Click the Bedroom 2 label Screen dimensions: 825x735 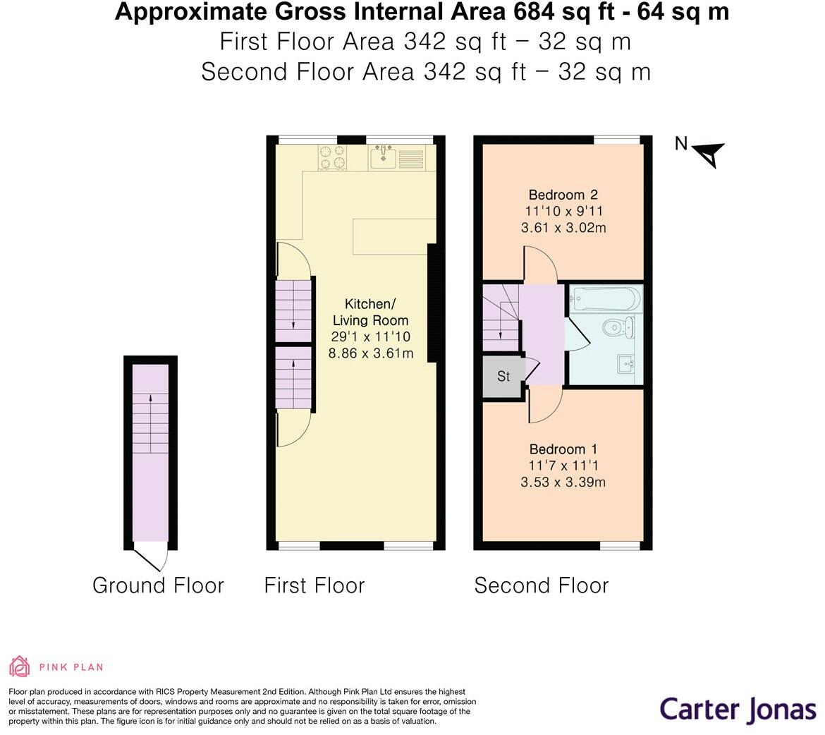click(563, 195)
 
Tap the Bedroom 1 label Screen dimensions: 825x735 click(563, 449)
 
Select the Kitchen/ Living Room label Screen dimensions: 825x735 click(370, 312)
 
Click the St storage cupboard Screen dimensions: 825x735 click(503, 377)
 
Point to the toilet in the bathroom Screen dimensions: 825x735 click(619, 327)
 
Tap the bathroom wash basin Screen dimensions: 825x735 click(626, 363)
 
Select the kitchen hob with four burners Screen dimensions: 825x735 click(333, 157)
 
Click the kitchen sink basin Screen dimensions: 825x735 click(383, 157)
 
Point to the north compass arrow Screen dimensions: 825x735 click(709, 154)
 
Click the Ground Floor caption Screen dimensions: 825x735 click(158, 585)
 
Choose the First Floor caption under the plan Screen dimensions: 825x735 click(314, 585)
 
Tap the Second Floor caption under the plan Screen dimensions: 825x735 click(542, 585)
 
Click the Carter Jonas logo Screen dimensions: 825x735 click(738, 709)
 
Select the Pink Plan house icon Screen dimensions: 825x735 click(20, 666)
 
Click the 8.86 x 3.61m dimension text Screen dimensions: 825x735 click(370, 353)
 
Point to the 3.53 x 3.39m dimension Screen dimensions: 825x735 click(563, 482)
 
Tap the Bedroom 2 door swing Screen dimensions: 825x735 click(540, 263)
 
